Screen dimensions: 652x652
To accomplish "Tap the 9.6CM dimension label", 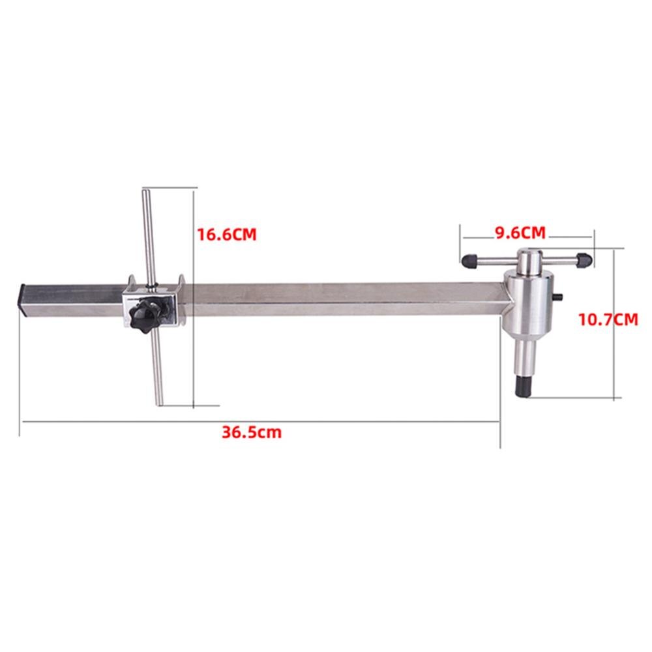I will pos(518,232).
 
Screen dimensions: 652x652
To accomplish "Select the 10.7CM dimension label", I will pos(606,319).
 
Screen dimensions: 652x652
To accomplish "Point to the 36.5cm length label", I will pos(251,432).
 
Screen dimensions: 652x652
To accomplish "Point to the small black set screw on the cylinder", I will pos(561,298).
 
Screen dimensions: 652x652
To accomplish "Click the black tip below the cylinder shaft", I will pos(524,385).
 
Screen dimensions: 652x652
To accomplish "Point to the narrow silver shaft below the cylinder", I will pos(524,355).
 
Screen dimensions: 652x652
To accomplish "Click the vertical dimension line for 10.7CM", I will pos(615,323).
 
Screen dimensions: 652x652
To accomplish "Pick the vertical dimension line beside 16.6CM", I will pos(194,297).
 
